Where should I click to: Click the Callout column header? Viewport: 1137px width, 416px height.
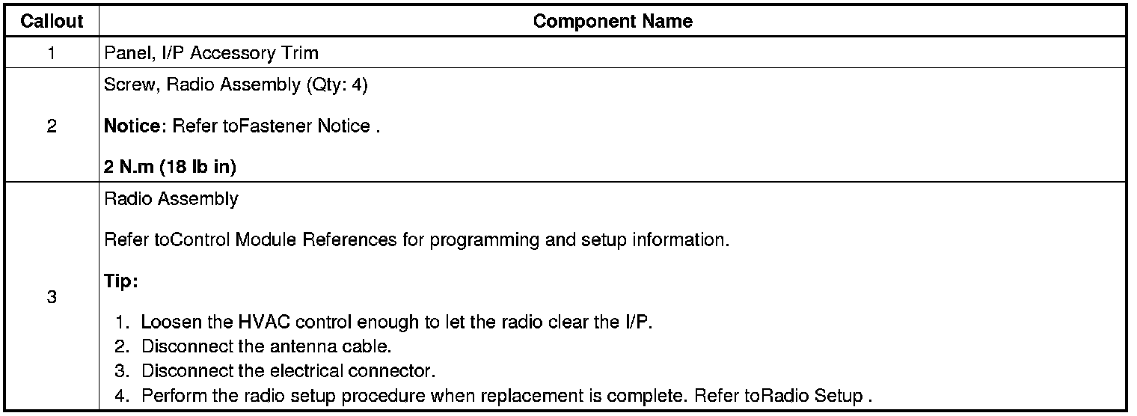click(x=51, y=21)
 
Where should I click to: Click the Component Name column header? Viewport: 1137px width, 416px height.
click(x=613, y=21)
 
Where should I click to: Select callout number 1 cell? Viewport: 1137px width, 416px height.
click(x=51, y=53)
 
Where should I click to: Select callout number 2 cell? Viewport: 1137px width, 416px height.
click(x=51, y=126)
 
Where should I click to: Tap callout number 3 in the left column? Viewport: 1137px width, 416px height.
click(x=51, y=297)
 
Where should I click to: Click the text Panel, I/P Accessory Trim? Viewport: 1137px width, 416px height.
click(x=212, y=53)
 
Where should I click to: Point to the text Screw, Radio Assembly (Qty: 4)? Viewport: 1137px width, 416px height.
click(x=236, y=85)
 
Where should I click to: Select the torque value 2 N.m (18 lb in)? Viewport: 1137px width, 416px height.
click(x=171, y=167)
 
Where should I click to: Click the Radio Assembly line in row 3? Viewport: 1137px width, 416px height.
click(x=171, y=199)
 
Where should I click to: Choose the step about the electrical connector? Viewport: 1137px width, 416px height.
click(x=288, y=371)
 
